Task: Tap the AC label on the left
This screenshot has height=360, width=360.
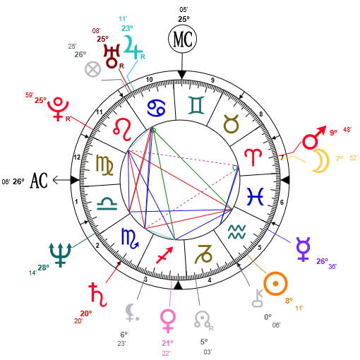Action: click(x=39, y=181)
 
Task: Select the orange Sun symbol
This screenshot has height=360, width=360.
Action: click(x=275, y=284)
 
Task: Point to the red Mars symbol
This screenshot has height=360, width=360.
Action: click(x=314, y=138)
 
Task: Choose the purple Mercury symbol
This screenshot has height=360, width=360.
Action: click(x=304, y=249)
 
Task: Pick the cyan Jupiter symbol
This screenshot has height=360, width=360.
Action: click(x=133, y=47)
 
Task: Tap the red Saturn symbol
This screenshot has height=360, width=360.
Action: click(x=98, y=295)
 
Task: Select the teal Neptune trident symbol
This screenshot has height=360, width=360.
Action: click(x=60, y=255)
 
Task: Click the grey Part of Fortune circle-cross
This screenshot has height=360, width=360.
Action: click(x=93, y=69)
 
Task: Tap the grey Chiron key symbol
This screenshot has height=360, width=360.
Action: click(x=258, y=299)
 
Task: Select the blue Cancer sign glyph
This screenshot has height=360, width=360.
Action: click(x=157, y=108)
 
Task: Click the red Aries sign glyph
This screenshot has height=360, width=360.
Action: click(x=253, y=157)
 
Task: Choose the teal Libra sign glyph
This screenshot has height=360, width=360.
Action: click(x=107, y=204)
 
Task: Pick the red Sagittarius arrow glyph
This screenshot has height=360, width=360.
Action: click(x=165, y=255)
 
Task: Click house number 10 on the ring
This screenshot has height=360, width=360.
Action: click(x=150, y=80)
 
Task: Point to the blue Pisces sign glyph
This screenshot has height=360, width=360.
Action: click(x=256, y=196)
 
